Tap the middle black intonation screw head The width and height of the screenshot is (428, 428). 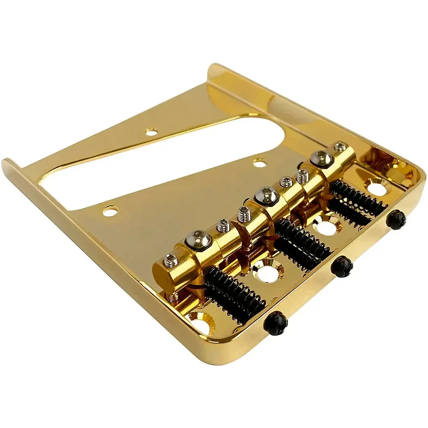tap(342, 266)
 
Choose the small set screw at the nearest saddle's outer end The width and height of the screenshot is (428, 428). tap(171, 259)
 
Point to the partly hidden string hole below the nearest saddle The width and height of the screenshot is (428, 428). tap(201, 323)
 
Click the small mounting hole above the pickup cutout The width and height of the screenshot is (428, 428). tap(150, 132)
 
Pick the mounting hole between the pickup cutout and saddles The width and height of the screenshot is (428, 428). tap(259, 163)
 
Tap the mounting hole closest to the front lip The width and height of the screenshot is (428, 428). tap(110, 210)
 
